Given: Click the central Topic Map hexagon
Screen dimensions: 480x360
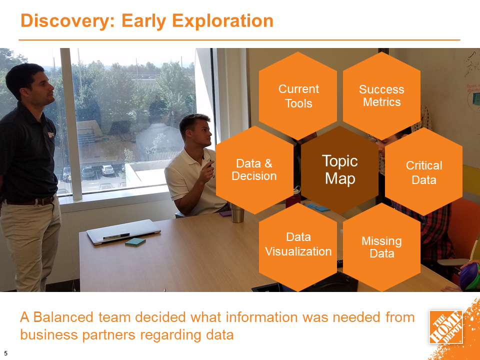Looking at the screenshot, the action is [x=340, y=170].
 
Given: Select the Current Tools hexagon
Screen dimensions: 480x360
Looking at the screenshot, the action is [x=298, y=96].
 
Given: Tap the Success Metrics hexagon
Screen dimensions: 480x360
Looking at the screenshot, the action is [x=381, y=96].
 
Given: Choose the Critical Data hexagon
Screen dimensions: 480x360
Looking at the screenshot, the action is [x=423, y=172].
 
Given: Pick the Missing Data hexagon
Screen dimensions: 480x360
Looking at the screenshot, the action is [x=381, y=247].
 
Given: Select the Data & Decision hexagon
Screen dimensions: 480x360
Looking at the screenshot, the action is [x=254, y=170].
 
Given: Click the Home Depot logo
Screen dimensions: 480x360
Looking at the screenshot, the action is [x=446, y=326].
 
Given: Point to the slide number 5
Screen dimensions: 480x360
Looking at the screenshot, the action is [x=5, y=351].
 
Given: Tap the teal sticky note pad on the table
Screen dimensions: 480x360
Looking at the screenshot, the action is [x=135, y=242].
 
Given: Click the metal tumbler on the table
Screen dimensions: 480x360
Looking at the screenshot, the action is [x=237, y=213].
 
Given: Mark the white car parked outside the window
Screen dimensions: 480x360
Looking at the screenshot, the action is [x=108, y=170].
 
